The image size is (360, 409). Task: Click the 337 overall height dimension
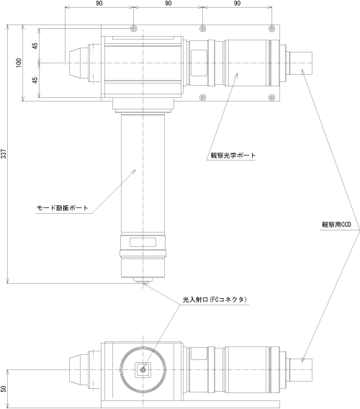point(4,154)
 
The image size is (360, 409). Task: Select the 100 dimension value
point(19,63)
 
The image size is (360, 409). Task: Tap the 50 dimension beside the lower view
point(4,389)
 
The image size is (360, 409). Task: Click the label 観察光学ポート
point(233,156)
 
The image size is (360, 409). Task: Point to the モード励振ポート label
point(63,208)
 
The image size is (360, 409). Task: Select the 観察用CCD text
point(336,225)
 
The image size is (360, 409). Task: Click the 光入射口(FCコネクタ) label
point(215,300)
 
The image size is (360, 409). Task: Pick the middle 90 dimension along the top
point(168,4)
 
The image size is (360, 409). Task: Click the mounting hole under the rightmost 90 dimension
point(272,28)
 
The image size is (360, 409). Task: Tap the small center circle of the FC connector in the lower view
point(143,369)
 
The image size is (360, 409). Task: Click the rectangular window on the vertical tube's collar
point(143,243)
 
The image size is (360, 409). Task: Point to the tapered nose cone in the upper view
point(78,63)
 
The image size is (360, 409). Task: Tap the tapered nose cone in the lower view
point(78,370)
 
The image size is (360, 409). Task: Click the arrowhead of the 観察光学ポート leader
point(237,75)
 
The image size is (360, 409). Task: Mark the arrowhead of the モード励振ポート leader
point(134,171)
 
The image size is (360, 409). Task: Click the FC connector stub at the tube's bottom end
point(143,280)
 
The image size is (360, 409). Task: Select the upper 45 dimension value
point(35,45)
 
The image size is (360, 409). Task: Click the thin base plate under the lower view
point(190,404)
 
